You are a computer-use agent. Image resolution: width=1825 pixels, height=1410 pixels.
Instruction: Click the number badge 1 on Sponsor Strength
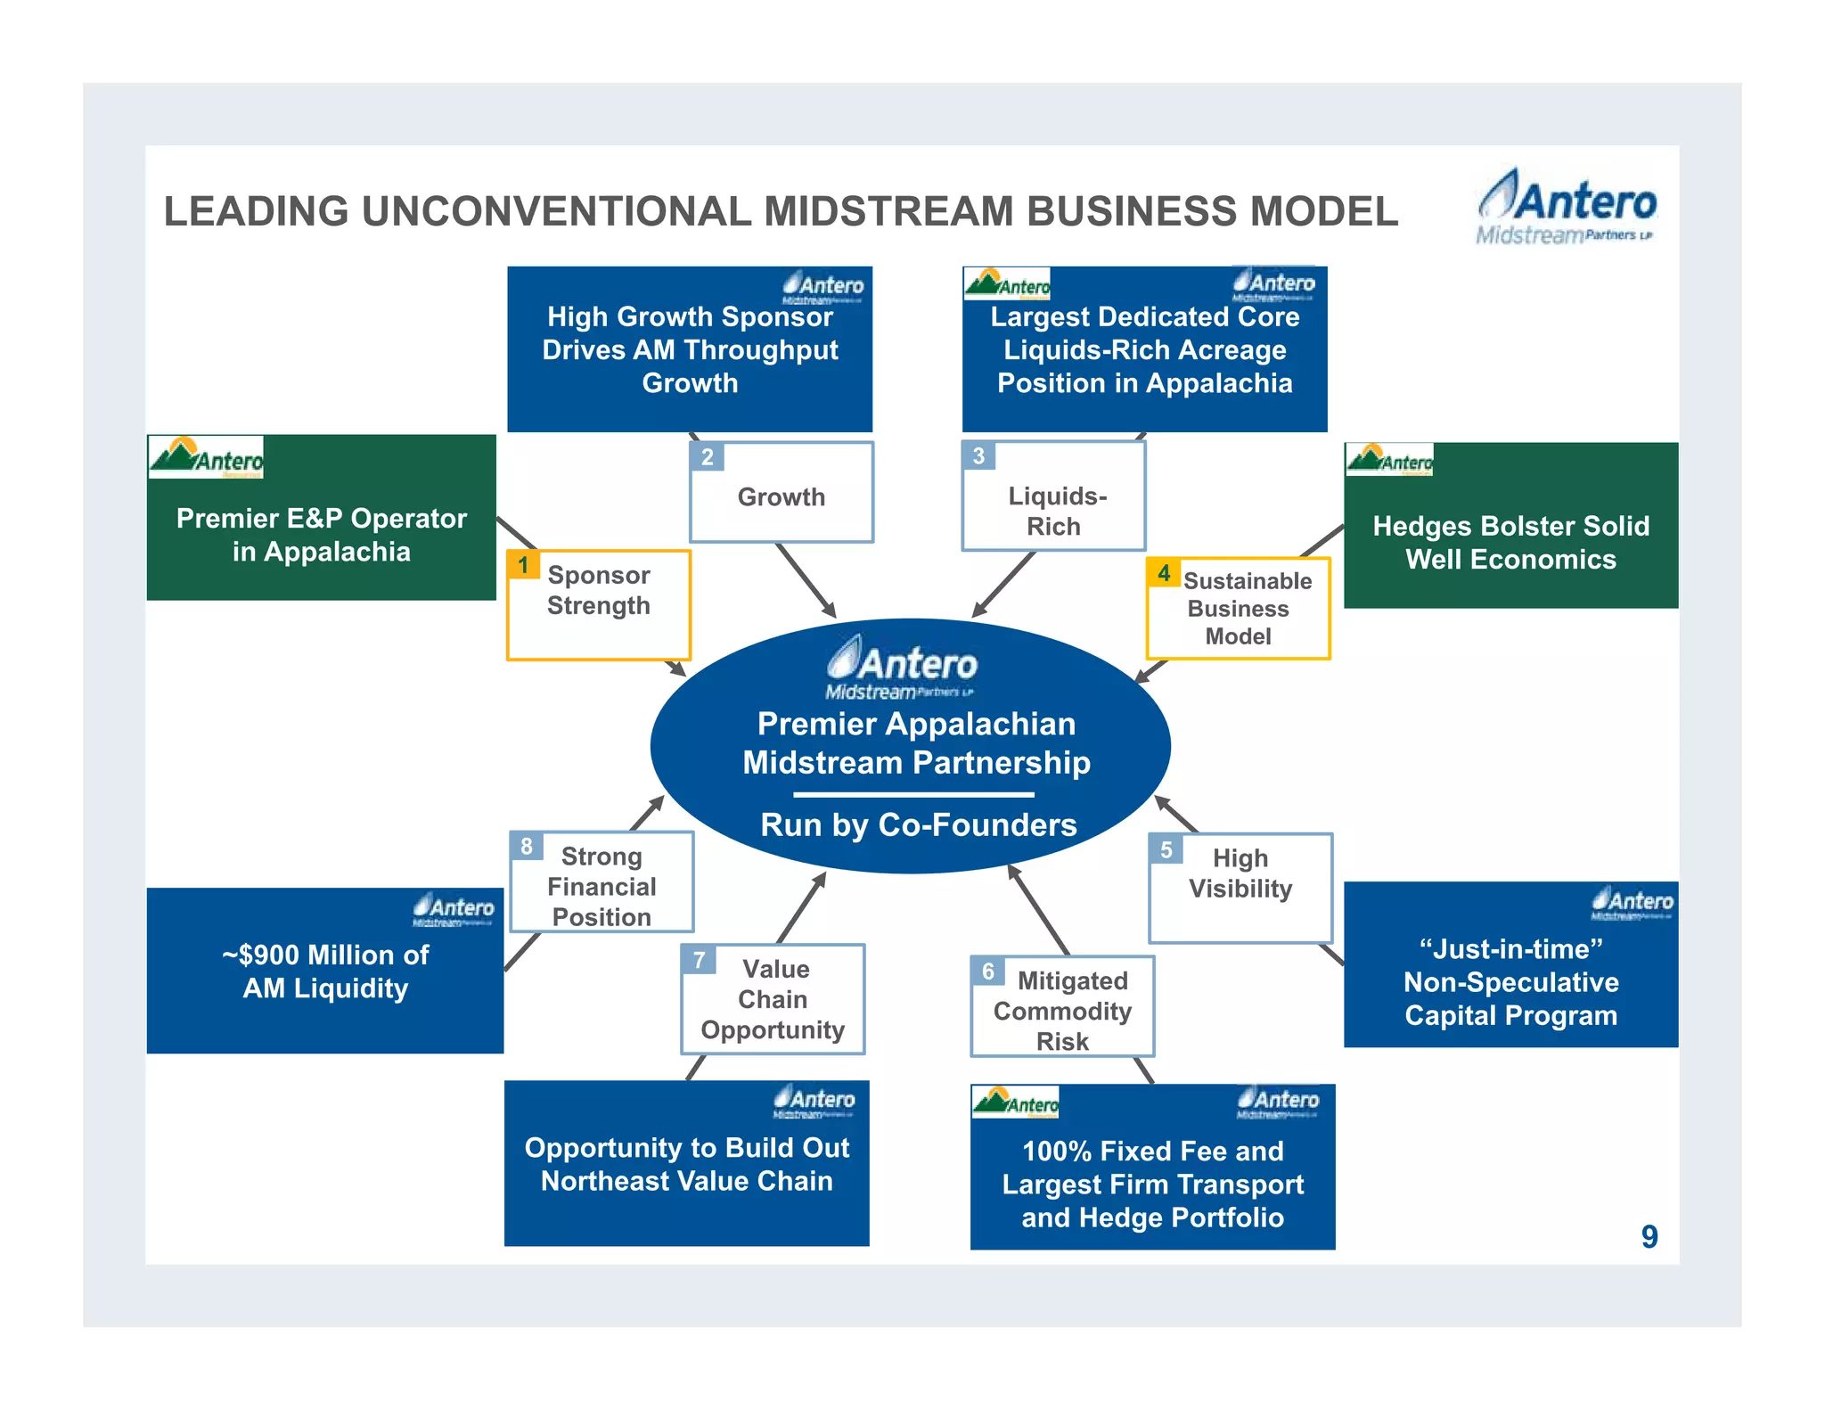coord(523,565)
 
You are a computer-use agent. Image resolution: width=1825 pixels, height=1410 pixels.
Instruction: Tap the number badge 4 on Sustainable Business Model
coord(1163,573)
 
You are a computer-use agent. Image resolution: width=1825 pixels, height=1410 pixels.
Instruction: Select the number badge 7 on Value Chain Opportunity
coord(699,960)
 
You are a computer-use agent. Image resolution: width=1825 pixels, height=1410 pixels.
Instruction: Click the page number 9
coord(1649,1237)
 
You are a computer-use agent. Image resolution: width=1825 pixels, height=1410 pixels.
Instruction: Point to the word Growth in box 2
coord(781,496)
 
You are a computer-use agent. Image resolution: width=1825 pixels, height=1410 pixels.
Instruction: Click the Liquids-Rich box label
coord(1056,511)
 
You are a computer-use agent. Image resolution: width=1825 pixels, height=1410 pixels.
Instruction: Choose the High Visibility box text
coord(1240,873)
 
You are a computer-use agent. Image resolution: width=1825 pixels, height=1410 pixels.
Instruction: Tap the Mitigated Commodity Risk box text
coord(1062,1011)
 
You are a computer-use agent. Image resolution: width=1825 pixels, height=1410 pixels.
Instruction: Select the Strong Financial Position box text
coord(602,887)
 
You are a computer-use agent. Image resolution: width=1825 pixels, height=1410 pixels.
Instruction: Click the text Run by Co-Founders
coord(918,824)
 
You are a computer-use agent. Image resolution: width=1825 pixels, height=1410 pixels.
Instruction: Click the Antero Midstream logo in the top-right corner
coord(1566,207)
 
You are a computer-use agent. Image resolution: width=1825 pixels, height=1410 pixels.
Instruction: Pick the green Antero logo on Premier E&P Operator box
coord(206,457)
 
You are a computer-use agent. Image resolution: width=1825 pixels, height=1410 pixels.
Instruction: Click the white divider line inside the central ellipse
coord(913,794)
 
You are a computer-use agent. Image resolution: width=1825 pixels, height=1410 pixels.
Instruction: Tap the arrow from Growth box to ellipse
coord(806,580)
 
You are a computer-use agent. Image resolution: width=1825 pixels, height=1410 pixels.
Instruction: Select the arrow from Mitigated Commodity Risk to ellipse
coord(1038,910)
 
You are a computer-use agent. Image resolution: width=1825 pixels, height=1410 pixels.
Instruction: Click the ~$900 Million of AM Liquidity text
coord(325,971)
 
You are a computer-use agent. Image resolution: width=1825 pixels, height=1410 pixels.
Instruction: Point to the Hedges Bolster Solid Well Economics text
coord(1510,542)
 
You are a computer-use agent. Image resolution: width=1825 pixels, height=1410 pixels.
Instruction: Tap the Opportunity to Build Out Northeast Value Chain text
coord(686,1164)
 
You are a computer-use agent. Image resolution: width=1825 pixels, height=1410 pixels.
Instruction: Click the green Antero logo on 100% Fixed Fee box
coord(1015,1103)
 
